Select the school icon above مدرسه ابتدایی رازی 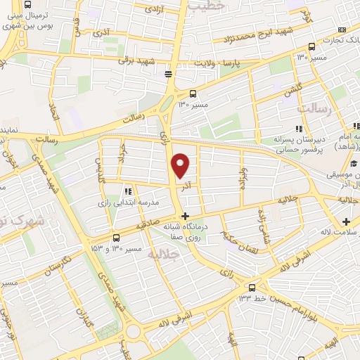click(x=127, y=191)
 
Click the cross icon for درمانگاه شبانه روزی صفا click(x=185, y=216)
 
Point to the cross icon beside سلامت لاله click(x=345, y=222)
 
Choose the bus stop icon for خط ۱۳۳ click(x=252, y=287)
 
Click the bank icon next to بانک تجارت click(x=342, y=30)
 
